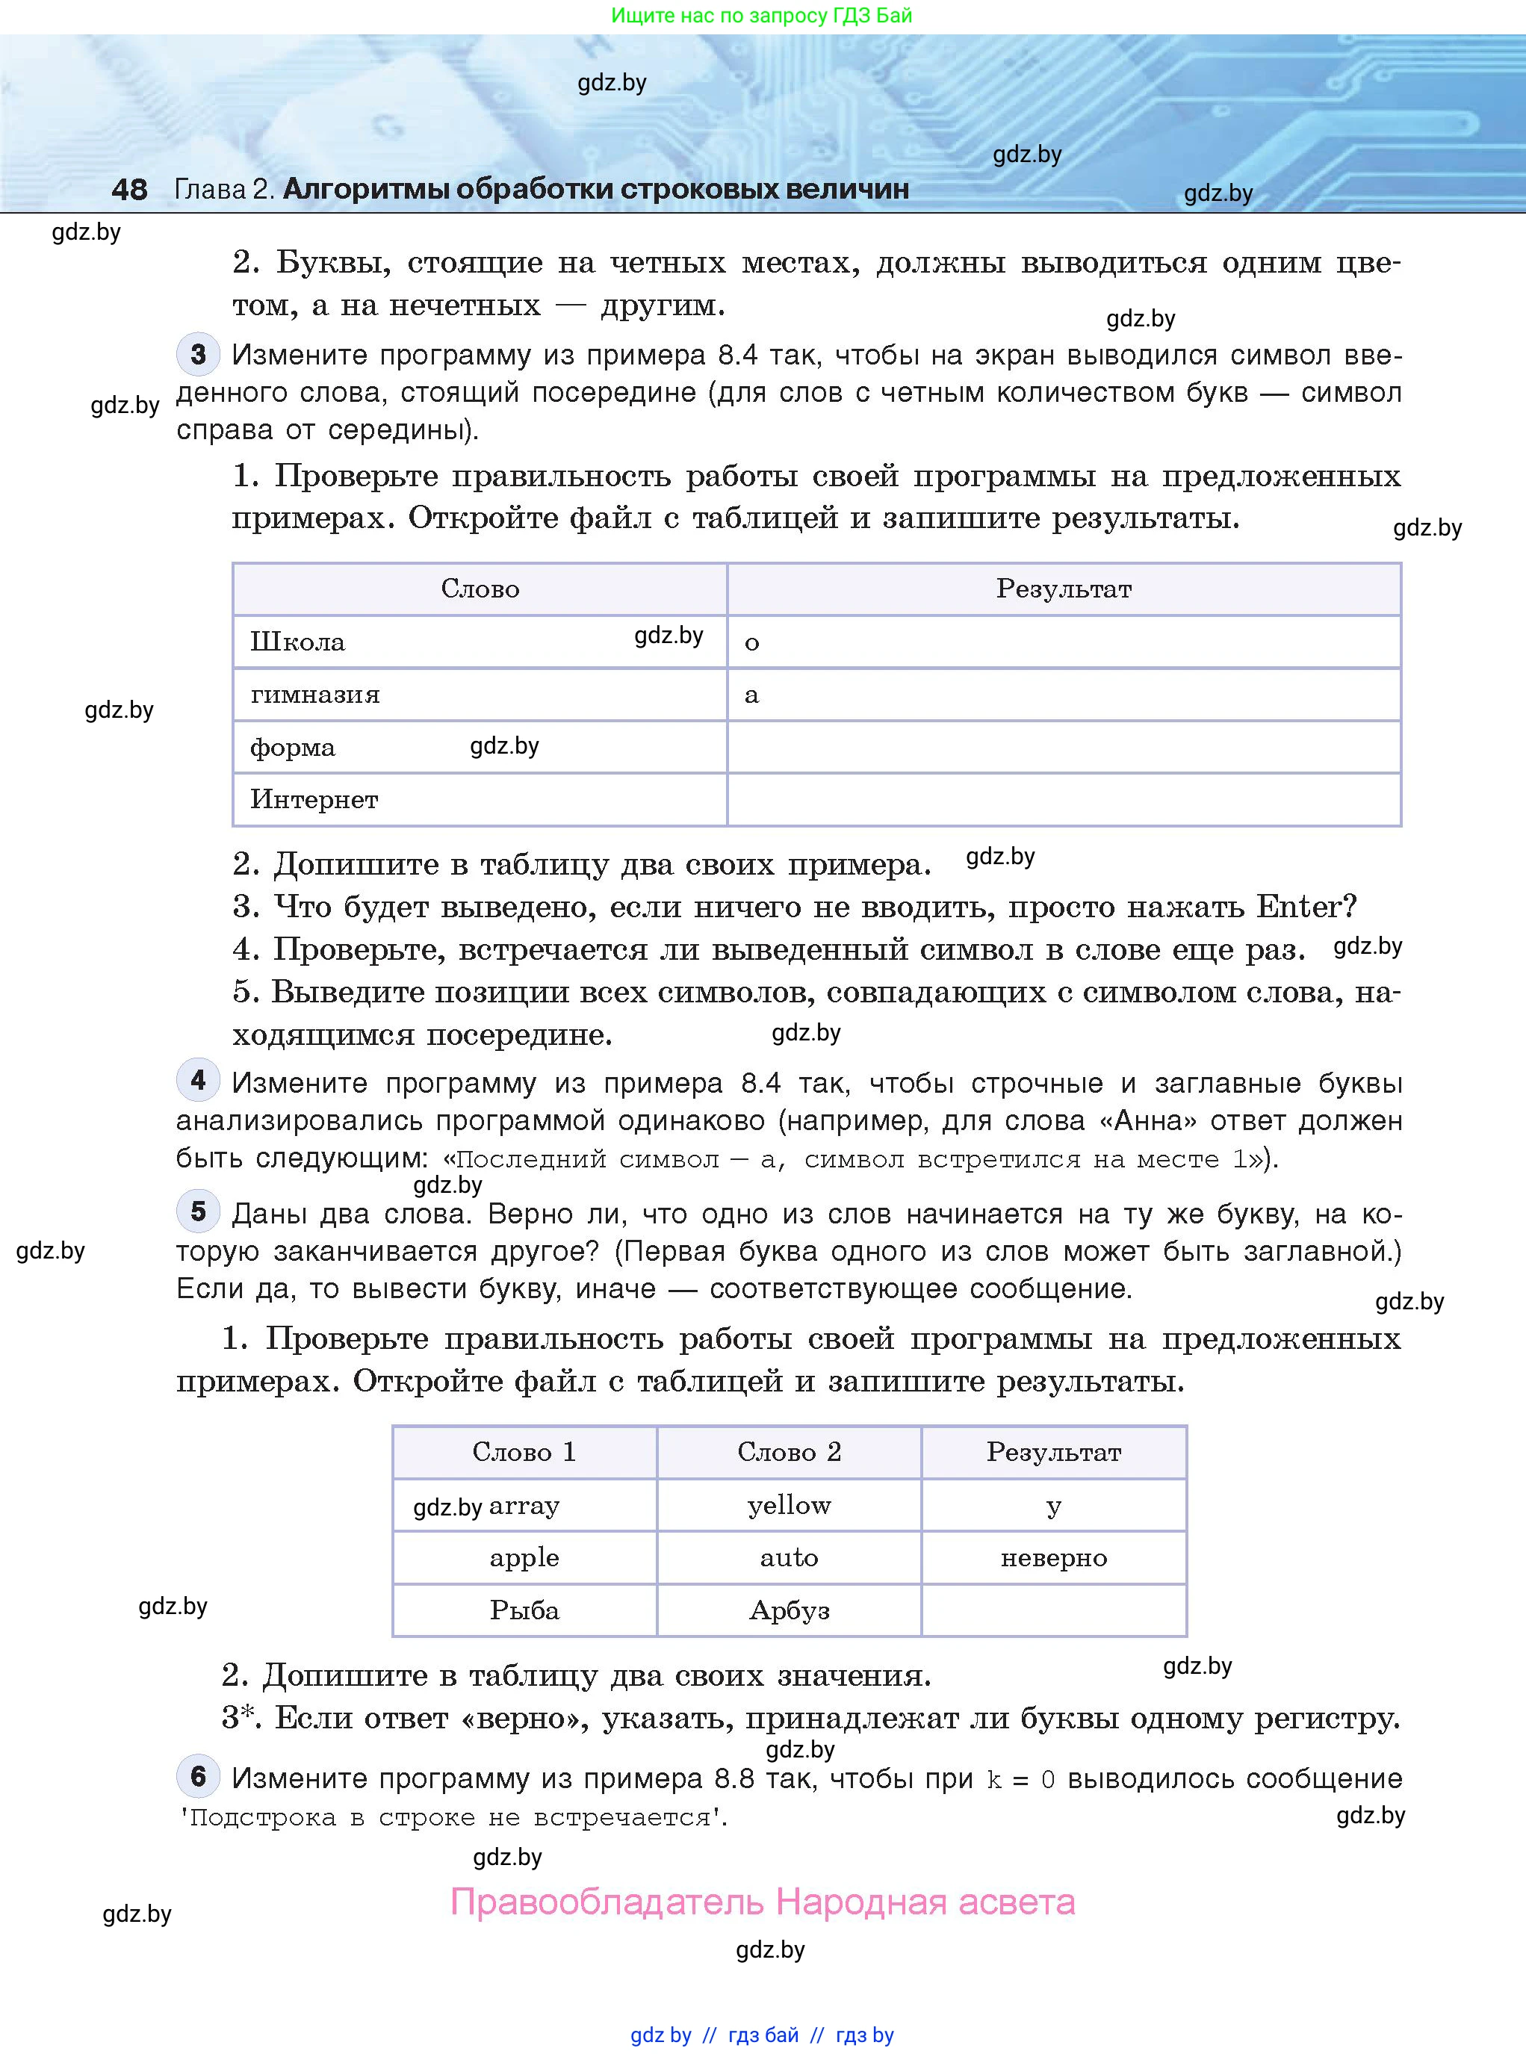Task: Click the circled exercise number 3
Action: point(198,354)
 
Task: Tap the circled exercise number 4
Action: point(198,1081)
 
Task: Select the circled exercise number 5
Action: point(198,1211)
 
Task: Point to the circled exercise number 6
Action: point(198,1776)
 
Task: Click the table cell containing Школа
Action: point(297,642)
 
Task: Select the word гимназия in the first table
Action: point(315,695)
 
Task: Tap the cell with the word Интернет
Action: point(314,800)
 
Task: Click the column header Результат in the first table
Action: point(1063,589)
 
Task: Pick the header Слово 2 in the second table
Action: point(789,1452)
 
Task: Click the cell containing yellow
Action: point(789,1506)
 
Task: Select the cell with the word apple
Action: point(524,1558)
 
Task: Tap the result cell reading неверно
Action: point(1053,1558)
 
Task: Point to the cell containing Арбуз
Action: point(789,1610)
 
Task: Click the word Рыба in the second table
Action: point(524,1610)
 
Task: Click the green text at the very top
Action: point(762,15)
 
